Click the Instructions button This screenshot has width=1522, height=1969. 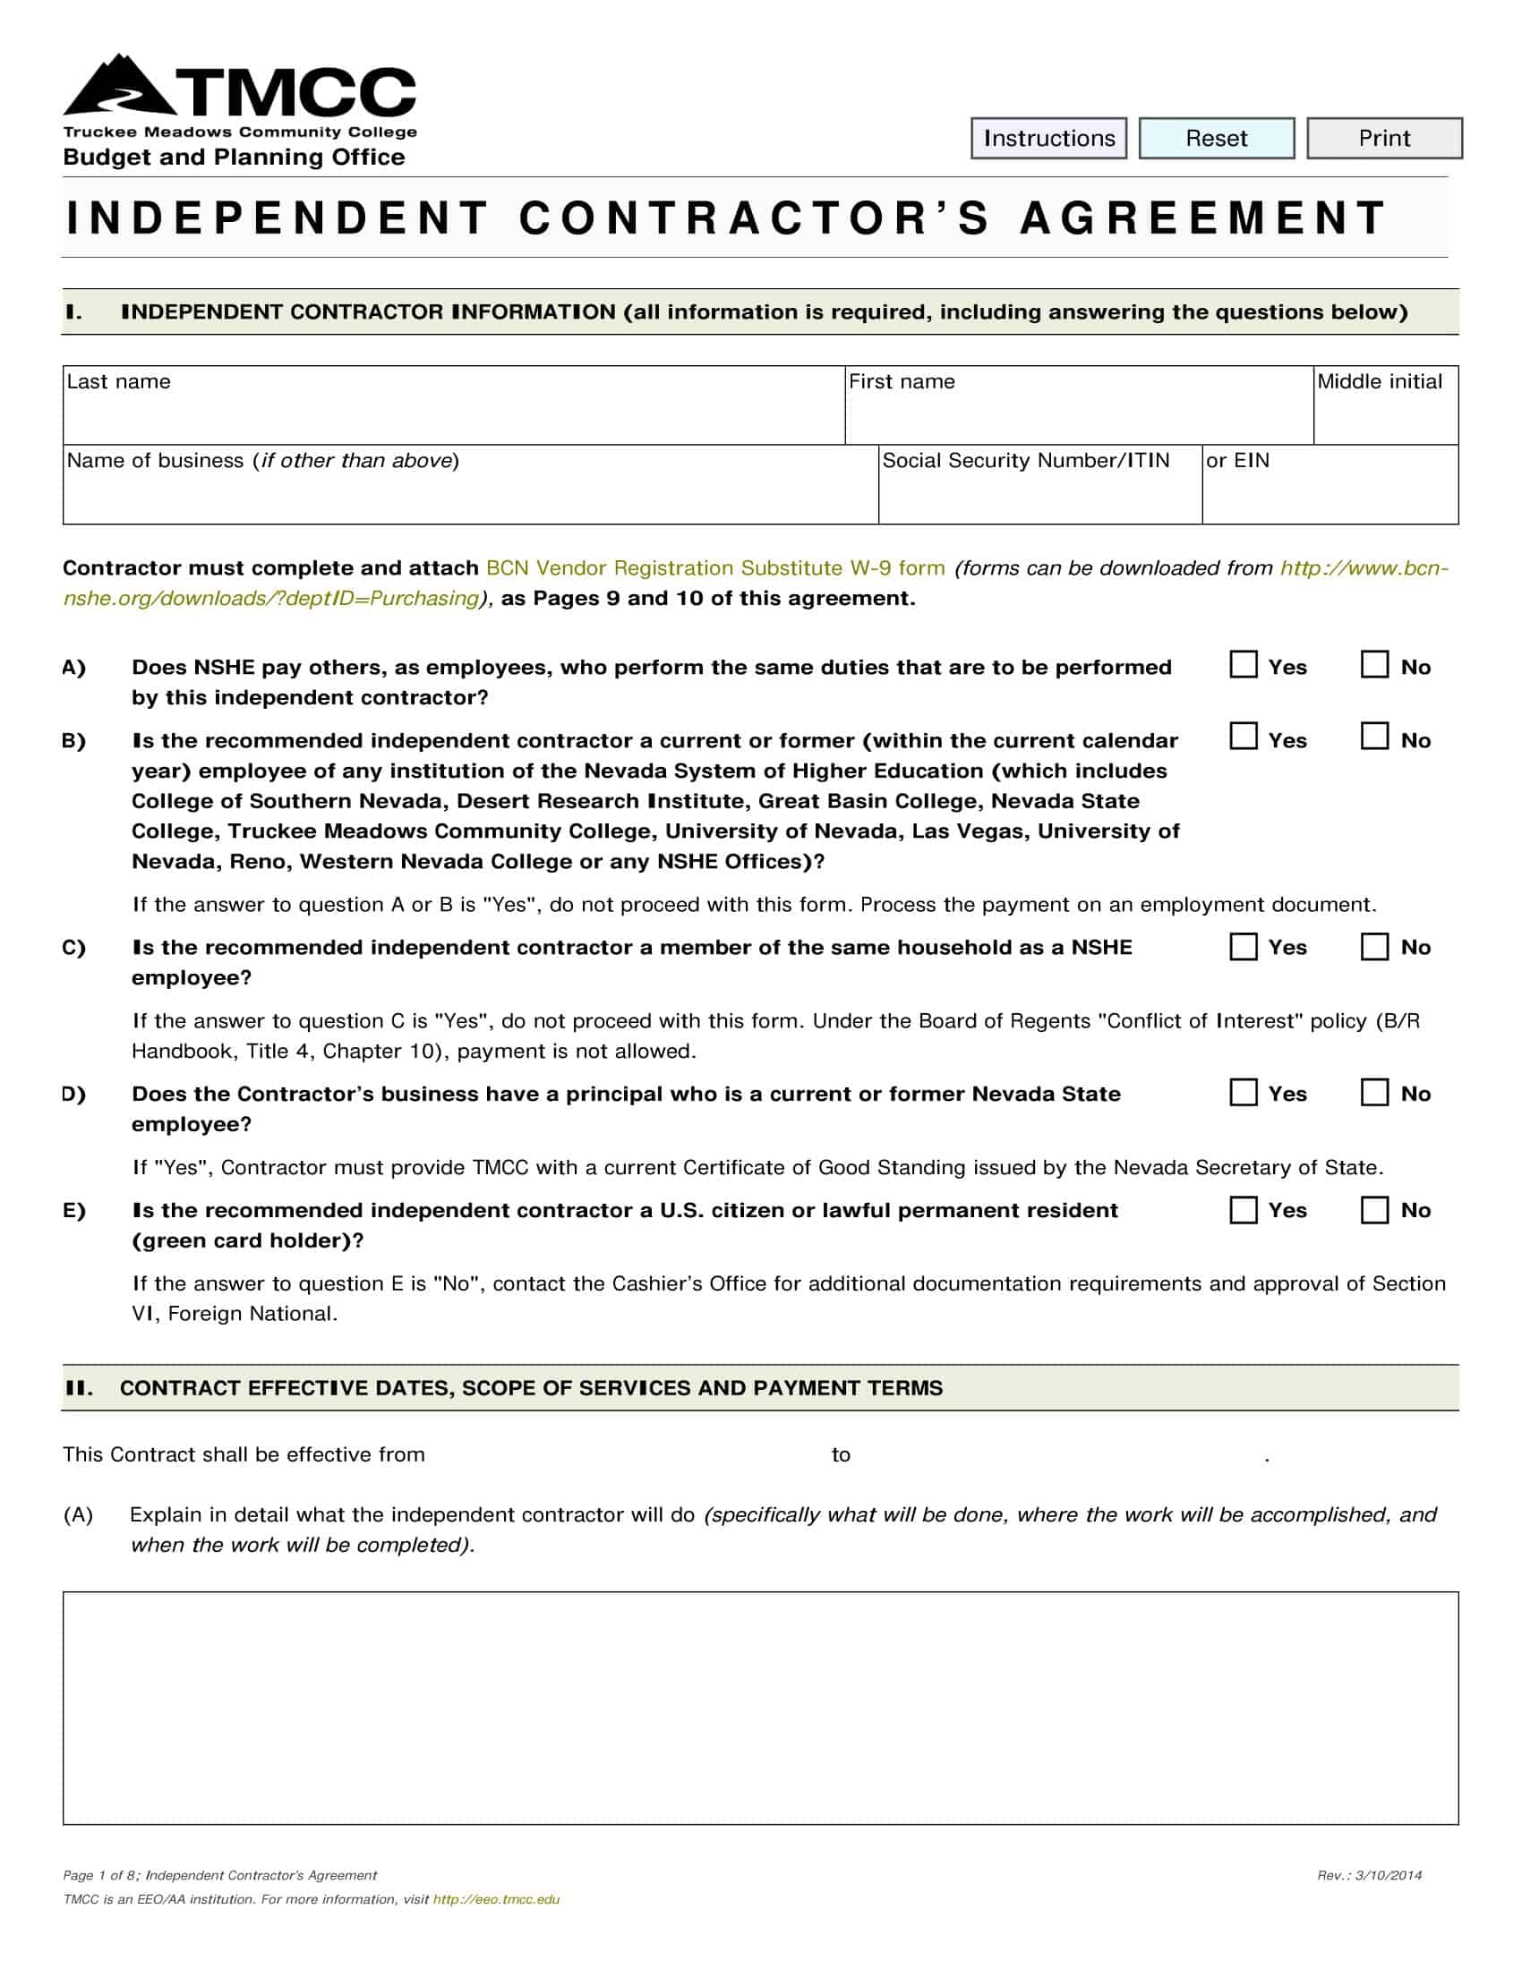pos(1048,138)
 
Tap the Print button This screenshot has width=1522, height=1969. pos(1384,138)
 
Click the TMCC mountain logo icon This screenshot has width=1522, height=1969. pos(122,87)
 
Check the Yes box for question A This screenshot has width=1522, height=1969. pos(1244,664)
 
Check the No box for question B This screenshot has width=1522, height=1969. pos(1374,737)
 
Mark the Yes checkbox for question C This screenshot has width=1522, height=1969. pos(1244,946)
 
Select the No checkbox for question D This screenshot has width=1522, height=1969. pos(1374,1092)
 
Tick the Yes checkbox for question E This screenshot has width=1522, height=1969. pos(1244,1209)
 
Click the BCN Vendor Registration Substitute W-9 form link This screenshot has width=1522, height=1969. pos(715,568)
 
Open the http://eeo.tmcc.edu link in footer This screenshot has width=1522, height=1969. pos(496,1898)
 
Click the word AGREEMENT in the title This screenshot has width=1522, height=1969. pos(1203,218)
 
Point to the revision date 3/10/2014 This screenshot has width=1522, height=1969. pos(1389,1875)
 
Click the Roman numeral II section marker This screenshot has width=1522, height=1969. pos(79,1387)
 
